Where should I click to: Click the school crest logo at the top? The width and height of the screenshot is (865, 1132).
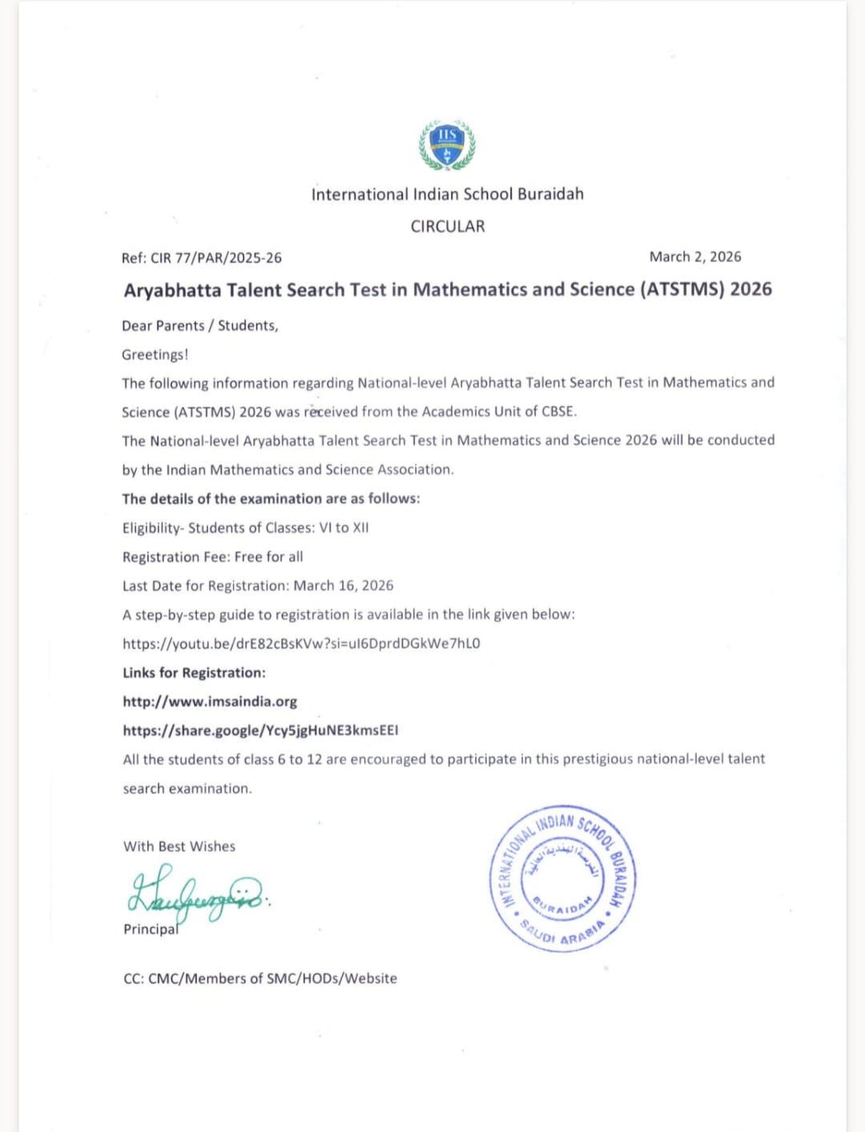pos(447,145)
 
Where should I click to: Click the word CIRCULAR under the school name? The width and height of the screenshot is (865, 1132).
pos(448,227)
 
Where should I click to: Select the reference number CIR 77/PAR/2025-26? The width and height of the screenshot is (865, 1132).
pos(216,258)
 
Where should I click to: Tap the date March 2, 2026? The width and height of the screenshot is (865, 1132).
pos(694,257)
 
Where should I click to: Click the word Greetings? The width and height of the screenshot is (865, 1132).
pos(155,355)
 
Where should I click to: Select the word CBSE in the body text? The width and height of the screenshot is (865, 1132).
pos(558,411)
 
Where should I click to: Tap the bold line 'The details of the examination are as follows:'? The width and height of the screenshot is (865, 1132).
pos(271,499)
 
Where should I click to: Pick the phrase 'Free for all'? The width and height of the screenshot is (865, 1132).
pos(268,557)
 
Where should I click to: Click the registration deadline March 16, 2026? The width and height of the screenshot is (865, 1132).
pos(344,586)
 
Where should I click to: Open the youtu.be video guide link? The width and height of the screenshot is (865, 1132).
pos(301,644)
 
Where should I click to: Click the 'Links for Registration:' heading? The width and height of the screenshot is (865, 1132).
pos(194,672)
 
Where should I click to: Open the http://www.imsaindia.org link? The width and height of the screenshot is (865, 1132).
pos(210,702)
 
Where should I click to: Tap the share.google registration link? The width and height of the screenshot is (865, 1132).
pos(260,731)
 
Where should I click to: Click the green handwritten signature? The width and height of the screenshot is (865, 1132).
pos(196,893)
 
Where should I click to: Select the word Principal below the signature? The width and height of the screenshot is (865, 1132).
pos(151,929)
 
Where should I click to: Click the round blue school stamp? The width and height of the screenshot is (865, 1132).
pos(562,879)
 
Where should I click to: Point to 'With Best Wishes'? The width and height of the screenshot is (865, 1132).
pos(179,846)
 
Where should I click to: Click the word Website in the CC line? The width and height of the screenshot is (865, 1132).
pos(370,978)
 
